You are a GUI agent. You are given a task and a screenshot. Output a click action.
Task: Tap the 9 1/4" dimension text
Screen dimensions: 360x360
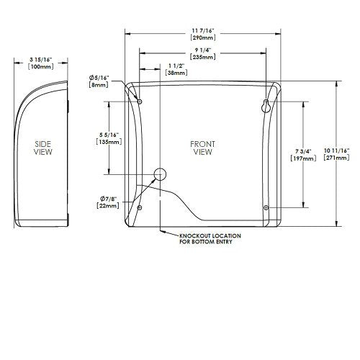(x=203, y=48)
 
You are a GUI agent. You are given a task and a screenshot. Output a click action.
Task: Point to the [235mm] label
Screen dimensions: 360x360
(x=203, y=55)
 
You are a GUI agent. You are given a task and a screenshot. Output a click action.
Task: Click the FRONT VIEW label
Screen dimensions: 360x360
(x=202, y=148)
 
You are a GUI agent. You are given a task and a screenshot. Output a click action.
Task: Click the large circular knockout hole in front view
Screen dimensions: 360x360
(x=160, y=174)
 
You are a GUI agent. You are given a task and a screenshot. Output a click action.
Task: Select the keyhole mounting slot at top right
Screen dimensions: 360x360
(x=266, y=105)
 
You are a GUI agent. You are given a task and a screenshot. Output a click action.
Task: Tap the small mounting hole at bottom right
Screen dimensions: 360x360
(x=266, y=207)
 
